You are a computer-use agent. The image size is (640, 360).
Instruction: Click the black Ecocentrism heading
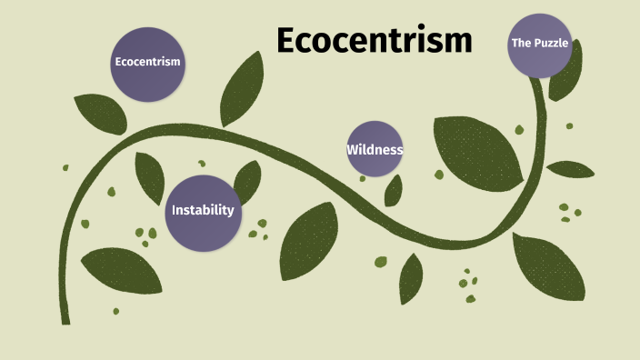pyautogui.click(x=374, y=41)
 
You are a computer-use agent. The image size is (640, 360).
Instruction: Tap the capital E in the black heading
pyautogui.click(x=288, y=41)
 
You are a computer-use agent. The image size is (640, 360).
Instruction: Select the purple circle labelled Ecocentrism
pyautogui.click(x=147, y=63)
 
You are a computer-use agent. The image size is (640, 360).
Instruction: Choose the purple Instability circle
pyautogui.click(x=203, y=211)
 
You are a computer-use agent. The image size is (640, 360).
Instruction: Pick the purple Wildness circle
pyautogui.click(x=375, y=149)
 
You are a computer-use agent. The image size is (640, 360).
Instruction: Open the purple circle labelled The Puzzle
pyautogui.click(x=539, y=44)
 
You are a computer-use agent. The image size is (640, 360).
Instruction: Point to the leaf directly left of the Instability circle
pyautogui.click(x=149, y=177)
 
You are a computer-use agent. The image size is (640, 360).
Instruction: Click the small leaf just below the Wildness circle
pyautogui.click(x=394, y=190)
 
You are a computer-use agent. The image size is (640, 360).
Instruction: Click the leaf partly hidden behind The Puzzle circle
pyautogui.click(x=566, y=86)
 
